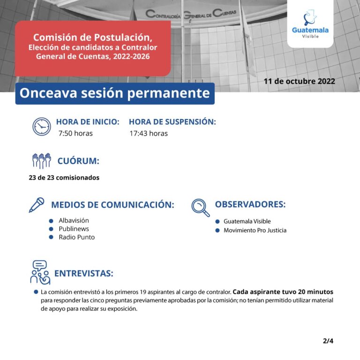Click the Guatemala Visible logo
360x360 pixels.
point(310,24)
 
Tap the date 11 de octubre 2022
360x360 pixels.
point(299,81)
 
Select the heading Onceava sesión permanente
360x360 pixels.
point(115,93)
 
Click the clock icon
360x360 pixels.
point(42,127)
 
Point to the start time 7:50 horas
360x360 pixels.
point(75,134)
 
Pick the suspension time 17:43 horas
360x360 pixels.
point(149,134)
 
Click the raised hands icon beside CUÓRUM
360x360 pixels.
point(41,161)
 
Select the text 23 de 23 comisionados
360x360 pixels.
point(64,178)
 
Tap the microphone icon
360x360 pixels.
point(37,205)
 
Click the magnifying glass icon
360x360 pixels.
point(201,208)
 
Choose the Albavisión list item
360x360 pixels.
point(74,220)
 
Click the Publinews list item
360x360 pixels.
point(74,229)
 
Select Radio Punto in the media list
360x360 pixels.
point(76,237)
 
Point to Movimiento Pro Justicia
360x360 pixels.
point(255,230)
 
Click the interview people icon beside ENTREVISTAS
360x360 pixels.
point(40,272)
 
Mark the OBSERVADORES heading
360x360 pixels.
point(250,205)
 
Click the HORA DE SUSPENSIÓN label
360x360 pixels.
point(172,122)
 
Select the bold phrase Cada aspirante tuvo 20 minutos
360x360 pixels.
point(283,292)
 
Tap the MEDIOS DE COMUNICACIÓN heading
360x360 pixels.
point(112,205)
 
